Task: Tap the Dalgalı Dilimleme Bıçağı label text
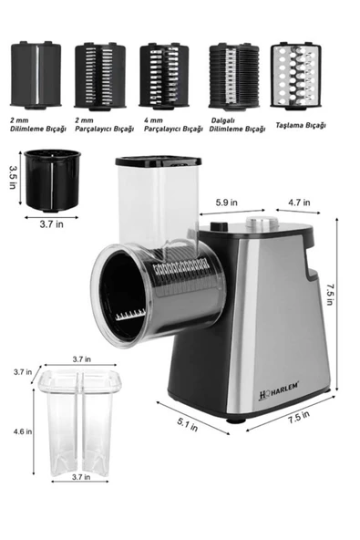click(x=231, y=130)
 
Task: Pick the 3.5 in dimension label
click(x=12, y=175)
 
